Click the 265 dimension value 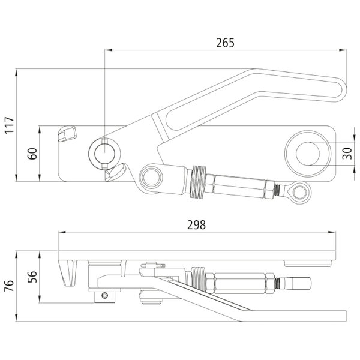tap(225, 43)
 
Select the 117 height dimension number tap(10, 125)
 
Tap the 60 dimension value tap(32, 154)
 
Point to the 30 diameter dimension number tap(347, 154)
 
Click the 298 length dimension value tap(197, 225)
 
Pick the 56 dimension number tap(32, 277)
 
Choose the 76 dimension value tap(9, 286)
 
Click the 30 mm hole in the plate tap(308, 154)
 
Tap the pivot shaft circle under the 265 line tap(104, 154)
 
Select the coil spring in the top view tap(199, 182)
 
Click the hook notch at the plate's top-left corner tap(67, 134)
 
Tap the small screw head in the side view tap(104, 295)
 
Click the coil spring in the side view tap(197, 280)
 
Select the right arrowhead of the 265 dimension tap(343, 50)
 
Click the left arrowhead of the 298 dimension tap(62, 232)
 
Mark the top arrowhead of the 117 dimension tap(16, 73)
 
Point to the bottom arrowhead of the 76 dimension tap(16, 318)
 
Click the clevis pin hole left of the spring tap(151, 178)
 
